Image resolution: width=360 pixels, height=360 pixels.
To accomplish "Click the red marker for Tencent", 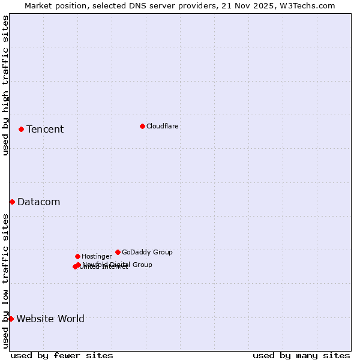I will point(21,129).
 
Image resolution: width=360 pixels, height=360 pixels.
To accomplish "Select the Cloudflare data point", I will point(142,126).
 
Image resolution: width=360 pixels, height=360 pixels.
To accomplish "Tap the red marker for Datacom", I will point(12,202).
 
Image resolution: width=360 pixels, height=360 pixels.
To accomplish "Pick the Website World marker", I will point(11,319).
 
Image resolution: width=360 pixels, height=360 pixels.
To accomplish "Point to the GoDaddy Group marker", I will point(118,252).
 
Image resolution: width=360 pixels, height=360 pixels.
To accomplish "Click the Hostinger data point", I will point(77,256).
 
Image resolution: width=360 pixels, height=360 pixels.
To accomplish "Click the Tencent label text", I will point(45,129).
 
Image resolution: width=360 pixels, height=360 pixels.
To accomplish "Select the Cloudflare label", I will point(163,126).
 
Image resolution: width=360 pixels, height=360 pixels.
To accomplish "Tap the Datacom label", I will point(39,202).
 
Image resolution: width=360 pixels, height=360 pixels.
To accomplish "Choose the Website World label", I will point(50,319).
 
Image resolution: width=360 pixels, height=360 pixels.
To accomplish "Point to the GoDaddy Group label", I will point(147,252).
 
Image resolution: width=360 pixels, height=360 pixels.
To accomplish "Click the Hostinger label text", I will point(97,256).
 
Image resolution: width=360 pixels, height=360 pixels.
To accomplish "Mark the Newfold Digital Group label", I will point(118,264).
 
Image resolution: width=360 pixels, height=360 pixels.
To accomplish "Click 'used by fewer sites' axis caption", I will point(62,355).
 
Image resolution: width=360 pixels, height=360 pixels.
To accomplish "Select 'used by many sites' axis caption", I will point(301,355).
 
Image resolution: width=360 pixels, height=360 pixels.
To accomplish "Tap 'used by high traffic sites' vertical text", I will point(5,85).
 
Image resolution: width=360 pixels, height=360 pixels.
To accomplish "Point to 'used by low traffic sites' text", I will point(5,280).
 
